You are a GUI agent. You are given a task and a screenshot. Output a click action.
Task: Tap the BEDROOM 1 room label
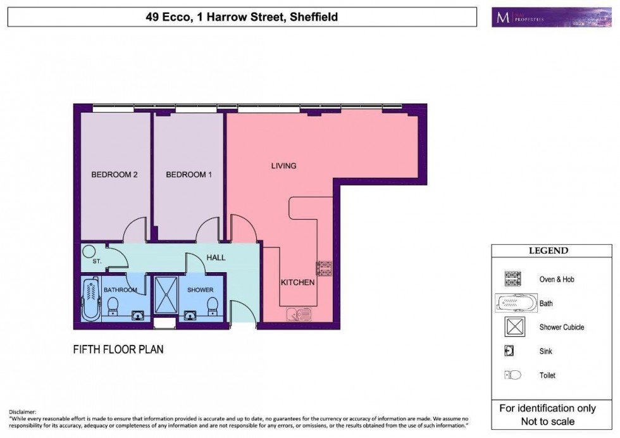[x=189, y=175]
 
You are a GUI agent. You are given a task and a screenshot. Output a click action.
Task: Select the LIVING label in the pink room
[x=283, y=166]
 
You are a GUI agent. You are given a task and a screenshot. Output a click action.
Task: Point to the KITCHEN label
[x=297, y=283]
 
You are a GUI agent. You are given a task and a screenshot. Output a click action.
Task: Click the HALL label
[x=215, y=258]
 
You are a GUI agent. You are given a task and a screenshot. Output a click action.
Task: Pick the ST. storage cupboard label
[x=97, y=261]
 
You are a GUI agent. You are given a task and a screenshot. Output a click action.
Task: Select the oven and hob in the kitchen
[x=324, y=268]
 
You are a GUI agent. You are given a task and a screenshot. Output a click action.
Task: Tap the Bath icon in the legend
[x=516, y=303]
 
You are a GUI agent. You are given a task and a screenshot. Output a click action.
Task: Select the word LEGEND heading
[x=548, y=251]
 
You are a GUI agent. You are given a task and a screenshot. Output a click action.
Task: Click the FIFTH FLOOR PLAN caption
[x=118, y=349]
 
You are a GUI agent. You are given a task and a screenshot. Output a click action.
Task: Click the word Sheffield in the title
[x=314, y=17]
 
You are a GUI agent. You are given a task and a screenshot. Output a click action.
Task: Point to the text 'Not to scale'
[x=548, y=421]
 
